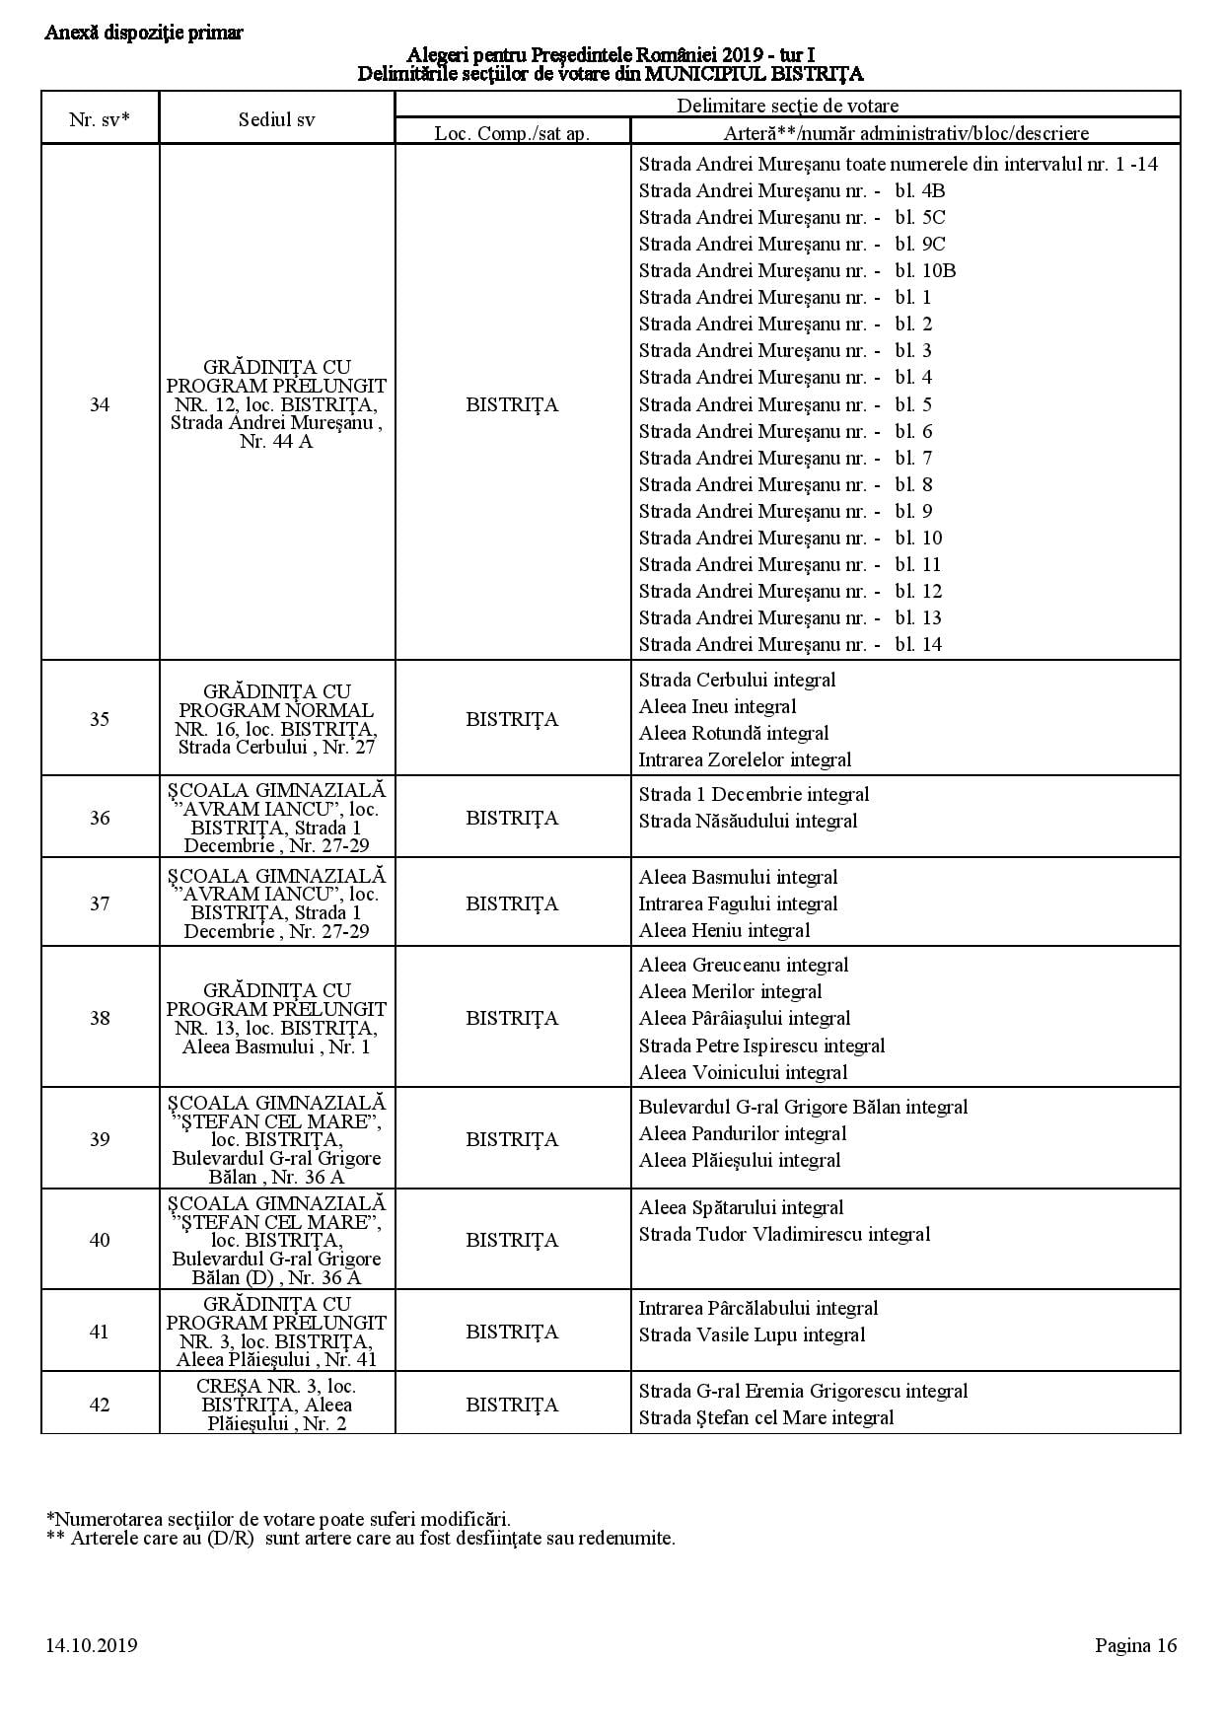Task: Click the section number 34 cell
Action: click(x=100, y=404)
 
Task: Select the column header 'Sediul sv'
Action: click(x=277, y=119)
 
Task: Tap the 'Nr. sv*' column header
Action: click(x=100, y=119)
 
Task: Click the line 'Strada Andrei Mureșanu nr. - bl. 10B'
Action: click(x=797, y=270)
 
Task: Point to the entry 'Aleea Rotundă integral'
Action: click(x=733, y=733)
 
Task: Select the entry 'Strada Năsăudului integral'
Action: click(x=748, y=821)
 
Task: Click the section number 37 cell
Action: click(x=100, y=903)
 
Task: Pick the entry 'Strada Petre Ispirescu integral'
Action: click(x=761, y=1045)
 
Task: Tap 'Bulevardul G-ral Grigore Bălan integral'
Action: click(x=803, y=1107)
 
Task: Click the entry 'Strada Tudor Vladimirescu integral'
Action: click(x=784, y=1234)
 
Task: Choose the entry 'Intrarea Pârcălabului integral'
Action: click(x=757, y=1308)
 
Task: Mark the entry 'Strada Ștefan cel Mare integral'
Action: click(x=765, y=1417)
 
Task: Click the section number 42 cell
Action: click(x=100, y=1405)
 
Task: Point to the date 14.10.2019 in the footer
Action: click(x=91, y=1644)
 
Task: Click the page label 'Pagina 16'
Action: click(x=1135, y=1644)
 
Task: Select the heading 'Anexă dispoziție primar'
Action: click(x=144, y=33)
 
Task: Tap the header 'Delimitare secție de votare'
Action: click(x=787, y=106)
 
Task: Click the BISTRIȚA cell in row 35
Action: click(x=512, y=719)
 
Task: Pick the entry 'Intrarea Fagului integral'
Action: click(x=738, y=903)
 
